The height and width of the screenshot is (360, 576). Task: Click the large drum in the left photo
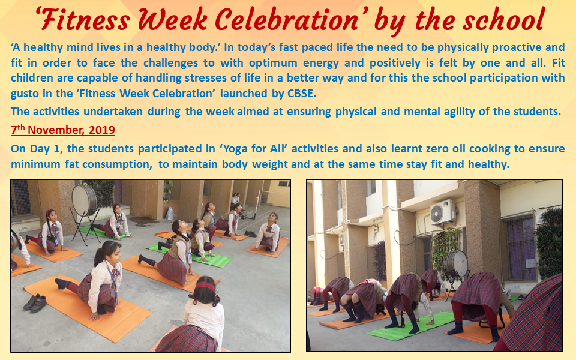coord(84,200)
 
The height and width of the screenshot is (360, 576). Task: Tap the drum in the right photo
coord(457,264)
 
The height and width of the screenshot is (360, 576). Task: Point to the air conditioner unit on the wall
coord(443,212)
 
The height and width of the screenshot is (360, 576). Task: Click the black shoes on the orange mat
coord(35,302)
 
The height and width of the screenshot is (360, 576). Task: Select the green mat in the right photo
coord(410,326)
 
